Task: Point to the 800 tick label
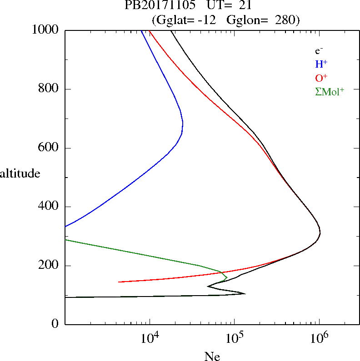tap(49, 89)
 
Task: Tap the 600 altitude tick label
tap(49, 148)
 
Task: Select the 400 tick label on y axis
tap(49, 207)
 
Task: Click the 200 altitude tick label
tap(49, 265)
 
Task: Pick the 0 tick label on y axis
tap(55, 324)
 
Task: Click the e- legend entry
tap(319, 51)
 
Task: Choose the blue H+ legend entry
tap(321, 64)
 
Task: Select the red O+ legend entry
tap(321, 78)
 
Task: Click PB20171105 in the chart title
tap(155, 6)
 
